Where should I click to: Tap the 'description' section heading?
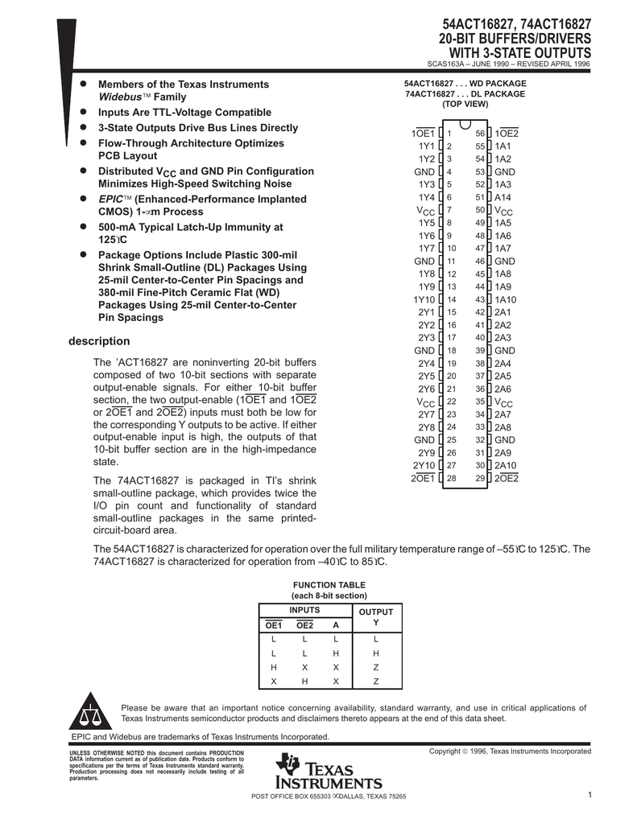tap(101, 341)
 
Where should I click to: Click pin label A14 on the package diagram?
tap(503, 197)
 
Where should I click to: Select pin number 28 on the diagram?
tap(451, 479)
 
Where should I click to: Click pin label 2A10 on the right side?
tap(506, 466)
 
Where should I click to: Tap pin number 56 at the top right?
tap(480, 133)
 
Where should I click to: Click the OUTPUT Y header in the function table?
tap(375, 618)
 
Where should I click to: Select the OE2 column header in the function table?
tap(304, 625)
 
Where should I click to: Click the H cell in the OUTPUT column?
tap(375, 653)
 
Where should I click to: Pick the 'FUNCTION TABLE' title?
tap(329, 585)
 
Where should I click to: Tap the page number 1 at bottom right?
tap(590, 796)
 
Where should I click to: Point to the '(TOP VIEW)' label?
tap(465, 105)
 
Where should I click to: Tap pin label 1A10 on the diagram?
tap(506, 299)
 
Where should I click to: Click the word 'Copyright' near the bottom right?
tap(447, 751)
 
